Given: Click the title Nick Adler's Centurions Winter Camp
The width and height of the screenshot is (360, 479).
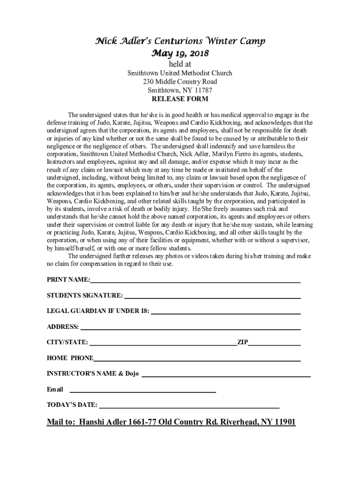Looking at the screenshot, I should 180,42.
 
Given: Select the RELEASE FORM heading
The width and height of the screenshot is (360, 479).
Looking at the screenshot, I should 180,99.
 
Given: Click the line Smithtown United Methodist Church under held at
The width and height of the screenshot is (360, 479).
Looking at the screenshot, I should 180,73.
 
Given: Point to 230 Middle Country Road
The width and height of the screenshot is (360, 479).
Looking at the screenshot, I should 180,82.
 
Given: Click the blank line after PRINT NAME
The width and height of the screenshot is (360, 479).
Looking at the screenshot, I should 195,282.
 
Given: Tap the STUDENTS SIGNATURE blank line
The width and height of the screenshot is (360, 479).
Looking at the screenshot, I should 212,297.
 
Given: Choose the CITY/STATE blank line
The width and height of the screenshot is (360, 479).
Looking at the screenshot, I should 163,344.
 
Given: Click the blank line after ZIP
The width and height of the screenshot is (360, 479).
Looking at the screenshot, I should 274,344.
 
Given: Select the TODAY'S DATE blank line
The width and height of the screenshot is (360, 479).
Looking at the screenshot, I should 189,406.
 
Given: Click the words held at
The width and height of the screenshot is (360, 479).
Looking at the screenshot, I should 180,64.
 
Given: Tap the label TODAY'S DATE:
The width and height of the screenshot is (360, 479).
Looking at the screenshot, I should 72,405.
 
